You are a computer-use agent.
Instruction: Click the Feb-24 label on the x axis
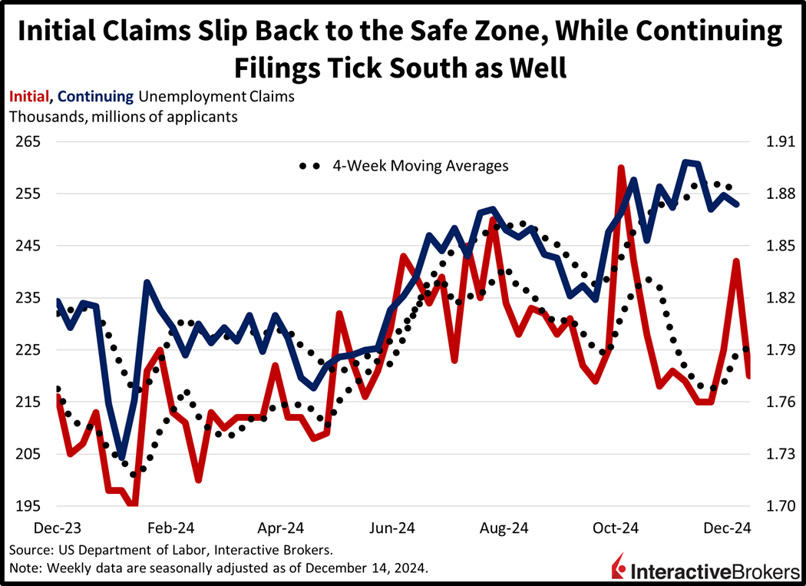[x=170, y=528]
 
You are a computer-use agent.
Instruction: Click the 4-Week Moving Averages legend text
[x=420, y=165]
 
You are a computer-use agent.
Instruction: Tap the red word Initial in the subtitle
[x=29, y=97]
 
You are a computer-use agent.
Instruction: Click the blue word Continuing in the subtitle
[x=96, y=97]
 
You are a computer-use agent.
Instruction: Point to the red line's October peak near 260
[x=620, y=167]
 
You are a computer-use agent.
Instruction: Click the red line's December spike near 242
[x=736, y=261]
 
